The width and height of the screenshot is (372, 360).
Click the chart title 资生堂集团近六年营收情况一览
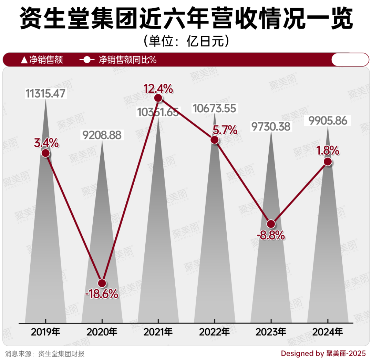(x=186, y=19)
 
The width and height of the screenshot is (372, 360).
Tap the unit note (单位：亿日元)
(x=186, y=42)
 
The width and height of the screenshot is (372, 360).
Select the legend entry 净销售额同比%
(x=119, y=60)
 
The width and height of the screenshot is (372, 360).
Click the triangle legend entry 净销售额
(x=42, y=60)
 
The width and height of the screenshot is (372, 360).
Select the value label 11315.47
(x=45, y=93)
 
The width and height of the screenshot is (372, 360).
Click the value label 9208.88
(x=102, y=135)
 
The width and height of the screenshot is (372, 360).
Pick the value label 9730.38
(x=271, y=126)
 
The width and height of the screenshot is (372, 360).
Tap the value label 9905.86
(x=328, y=121)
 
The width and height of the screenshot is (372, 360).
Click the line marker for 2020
(x=102, y=283)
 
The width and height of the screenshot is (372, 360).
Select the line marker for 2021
(x=158, y=98)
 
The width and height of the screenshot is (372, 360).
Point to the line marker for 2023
(x=271, y=224)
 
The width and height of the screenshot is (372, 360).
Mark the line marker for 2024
(x=328, y=162)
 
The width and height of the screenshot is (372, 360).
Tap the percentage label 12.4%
(x=158, y=89)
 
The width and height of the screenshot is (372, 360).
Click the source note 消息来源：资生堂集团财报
(x=45, y=353)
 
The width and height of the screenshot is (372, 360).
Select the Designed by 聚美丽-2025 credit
(x=323, y=353)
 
